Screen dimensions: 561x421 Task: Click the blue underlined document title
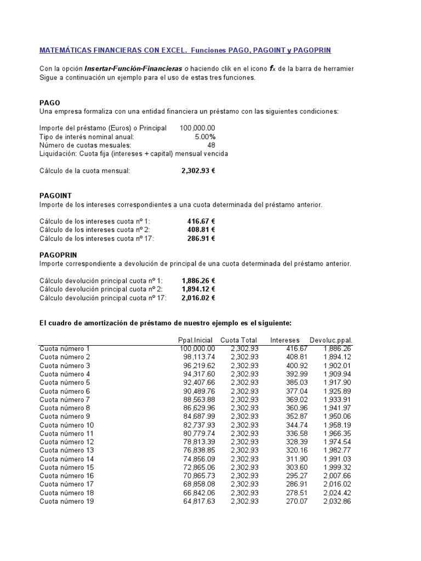coord(185,50)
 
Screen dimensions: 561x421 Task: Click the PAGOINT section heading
coord(55,196)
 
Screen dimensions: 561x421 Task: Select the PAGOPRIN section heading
coord(58,255)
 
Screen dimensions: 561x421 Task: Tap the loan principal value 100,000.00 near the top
coord(197,128)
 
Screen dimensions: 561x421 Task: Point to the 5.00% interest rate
coord(205,136)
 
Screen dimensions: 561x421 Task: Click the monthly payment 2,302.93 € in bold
coord(198,171)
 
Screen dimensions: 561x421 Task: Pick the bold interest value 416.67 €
coord(201,221)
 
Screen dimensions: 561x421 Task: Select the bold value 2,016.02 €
coord(198,298)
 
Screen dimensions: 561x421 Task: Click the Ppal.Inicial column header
coord(195,340)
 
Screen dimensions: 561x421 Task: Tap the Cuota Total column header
coord(238,340)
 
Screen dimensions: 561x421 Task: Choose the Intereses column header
coord(285,340)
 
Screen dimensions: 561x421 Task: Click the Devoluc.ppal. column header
coord(331,340)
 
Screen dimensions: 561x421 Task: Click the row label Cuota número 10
coord(66,425)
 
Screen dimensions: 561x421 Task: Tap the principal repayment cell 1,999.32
coord(337,467)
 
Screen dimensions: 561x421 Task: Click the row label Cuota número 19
coord(66,501)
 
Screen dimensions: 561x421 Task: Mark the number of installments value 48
coord(211,145)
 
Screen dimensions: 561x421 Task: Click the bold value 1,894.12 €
coord(198,289)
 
